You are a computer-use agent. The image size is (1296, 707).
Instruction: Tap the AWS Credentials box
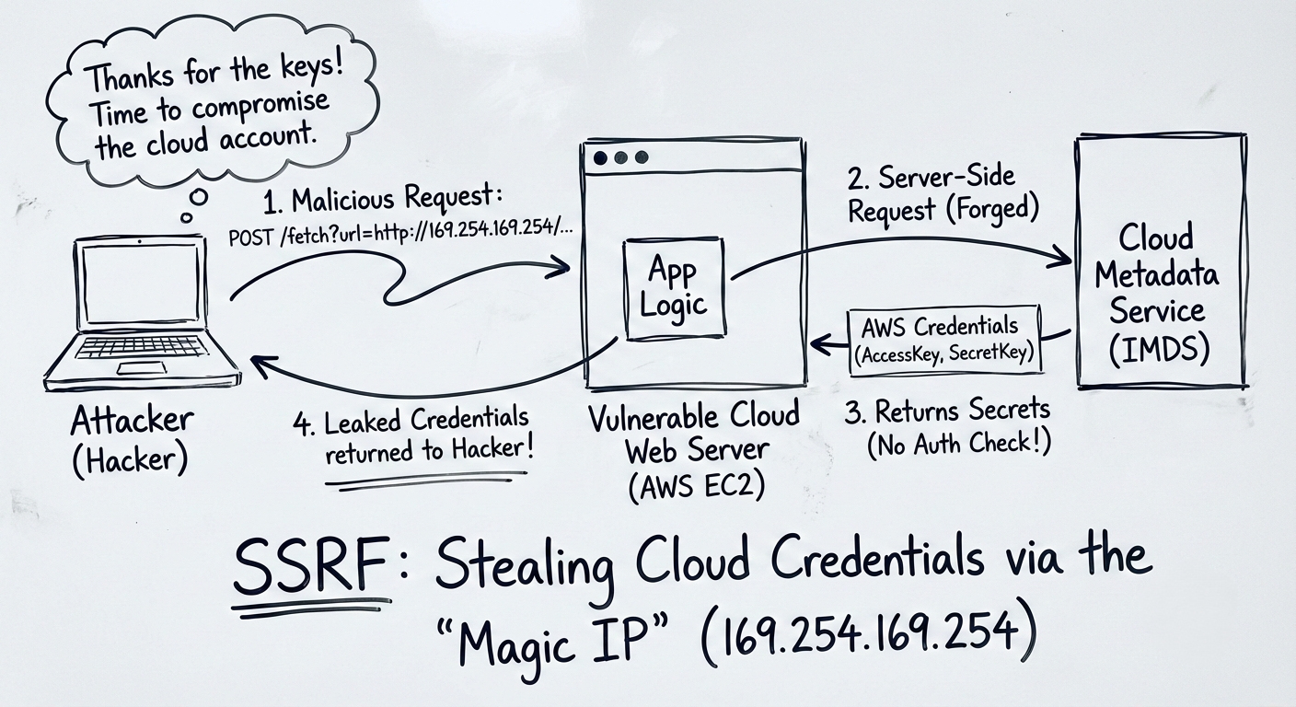(x=944, y=340)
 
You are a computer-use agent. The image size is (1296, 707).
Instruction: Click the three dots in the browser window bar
(x=620, y=157)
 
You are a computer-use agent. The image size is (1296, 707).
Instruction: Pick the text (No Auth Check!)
(x=958, y=444)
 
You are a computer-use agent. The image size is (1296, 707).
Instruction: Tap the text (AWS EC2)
(x=697, y=485)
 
